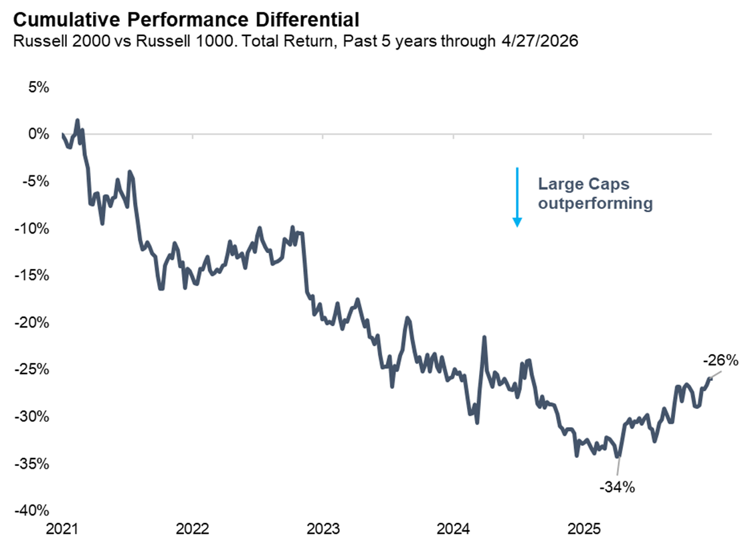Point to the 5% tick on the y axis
[38, 87]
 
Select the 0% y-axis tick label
[38, 134]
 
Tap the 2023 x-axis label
[324, 530]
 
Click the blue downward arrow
[517, 197]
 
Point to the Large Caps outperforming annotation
[595, 194]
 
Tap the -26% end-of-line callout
[721, 361]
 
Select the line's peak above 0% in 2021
[78, 121]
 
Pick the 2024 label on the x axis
[454, 530]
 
